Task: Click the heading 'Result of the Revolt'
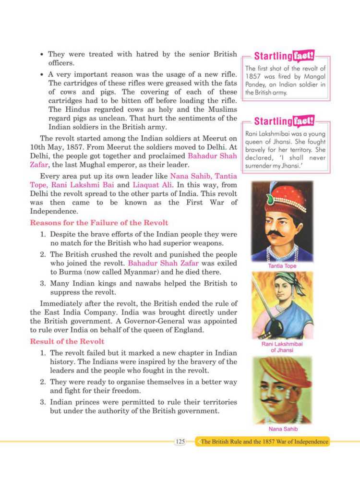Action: (67, 341)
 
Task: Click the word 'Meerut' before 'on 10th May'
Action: (211, 139)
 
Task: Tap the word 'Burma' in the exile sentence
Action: (62, 271)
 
